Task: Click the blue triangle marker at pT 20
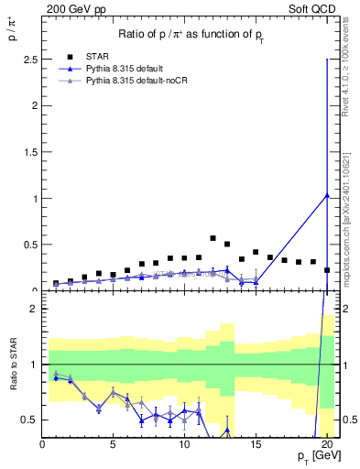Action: [x=327, y=194]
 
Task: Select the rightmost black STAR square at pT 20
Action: [x=327, y=270]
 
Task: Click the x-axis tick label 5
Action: [x=113, y=445]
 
